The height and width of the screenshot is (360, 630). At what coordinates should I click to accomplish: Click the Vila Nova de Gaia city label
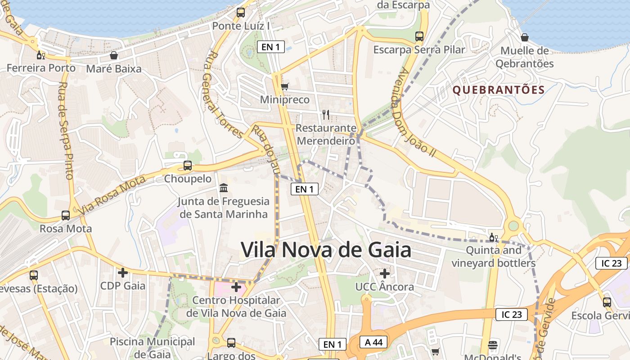(x=326, y=250)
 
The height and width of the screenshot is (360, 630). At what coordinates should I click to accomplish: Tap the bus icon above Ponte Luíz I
(x=241, y=13)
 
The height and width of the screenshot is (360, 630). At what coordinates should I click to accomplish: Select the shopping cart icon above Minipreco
(x=284, y=86)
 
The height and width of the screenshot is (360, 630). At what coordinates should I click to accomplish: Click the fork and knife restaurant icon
(x=326, y=115)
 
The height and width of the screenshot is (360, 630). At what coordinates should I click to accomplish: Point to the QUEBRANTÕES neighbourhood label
(x=499, y=90)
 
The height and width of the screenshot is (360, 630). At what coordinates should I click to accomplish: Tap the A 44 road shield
(x=373, y=342)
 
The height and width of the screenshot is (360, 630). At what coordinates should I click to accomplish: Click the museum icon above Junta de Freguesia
(x=223, y=188)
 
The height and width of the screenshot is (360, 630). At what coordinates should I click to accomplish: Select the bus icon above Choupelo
(x=188, y=166)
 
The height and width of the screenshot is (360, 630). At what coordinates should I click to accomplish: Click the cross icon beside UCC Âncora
(x=384, y=273)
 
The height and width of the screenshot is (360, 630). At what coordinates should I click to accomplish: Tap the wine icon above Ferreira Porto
(x=40, y=55)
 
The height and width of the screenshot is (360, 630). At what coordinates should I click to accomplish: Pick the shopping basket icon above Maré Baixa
(x=114, y=55)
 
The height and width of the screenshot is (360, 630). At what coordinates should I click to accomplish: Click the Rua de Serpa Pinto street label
(x=66, y=130)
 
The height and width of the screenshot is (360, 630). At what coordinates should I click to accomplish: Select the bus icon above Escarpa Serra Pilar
(x=419, y=36)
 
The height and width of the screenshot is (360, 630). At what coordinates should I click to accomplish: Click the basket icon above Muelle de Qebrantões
(x=524, y=37)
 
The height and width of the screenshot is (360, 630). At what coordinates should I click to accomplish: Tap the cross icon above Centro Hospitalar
(x=236, y=287)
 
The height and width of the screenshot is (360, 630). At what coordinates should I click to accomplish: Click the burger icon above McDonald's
(x=493, y=345)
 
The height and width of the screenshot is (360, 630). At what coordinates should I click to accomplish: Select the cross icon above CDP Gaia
(x=122, y=272)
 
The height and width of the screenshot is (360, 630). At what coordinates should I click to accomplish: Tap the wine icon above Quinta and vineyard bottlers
(x=494, y=237)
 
